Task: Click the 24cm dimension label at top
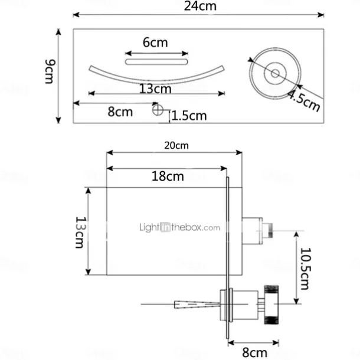(201, 7)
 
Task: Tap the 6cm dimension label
(155, 42)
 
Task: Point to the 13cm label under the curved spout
(155, 89)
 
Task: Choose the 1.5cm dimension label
(189, 115)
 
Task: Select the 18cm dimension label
(166, 176)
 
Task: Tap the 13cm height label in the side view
(81, 232)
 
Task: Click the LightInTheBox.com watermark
(179, 227)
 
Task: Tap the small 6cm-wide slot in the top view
(156, 60)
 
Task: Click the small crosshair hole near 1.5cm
(156, 109)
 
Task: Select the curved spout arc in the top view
(156, 77)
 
